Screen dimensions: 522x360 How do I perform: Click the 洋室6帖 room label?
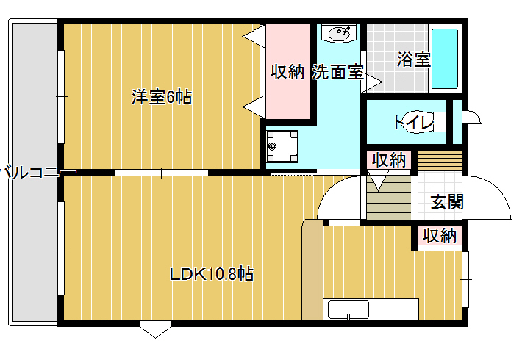(162, 97)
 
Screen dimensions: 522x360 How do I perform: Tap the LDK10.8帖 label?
(212, 275)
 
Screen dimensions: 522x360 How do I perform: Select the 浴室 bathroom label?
(414, 60)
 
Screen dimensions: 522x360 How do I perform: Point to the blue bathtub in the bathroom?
(444, 59)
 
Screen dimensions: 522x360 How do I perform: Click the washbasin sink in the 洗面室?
(340, 34)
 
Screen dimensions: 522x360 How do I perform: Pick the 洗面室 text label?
(337, 71)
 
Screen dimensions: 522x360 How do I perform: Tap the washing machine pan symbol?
(282, 146)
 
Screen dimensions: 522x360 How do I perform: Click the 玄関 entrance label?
(447, 201)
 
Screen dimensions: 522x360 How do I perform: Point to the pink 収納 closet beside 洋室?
(288, 71)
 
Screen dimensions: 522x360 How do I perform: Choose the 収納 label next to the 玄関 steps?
(389, 160)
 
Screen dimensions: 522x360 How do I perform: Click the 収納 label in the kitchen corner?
(440, 236)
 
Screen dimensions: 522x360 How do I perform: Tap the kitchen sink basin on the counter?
(348, 310)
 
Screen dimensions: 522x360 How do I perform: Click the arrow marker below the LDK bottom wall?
(155, 329)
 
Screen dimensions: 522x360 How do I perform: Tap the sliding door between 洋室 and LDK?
(162, 173)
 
